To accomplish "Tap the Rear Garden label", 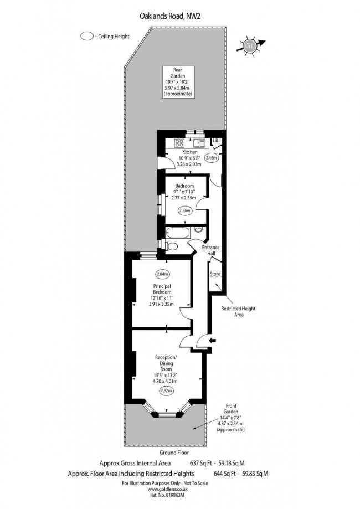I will point(178,82).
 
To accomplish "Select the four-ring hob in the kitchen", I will point(179,143).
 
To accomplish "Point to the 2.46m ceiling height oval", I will point(211,158).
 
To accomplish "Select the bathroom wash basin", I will point(198,229).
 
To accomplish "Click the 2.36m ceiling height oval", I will point(184,210).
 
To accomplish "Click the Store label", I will point(215,274).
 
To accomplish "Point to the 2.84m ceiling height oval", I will point(163,274).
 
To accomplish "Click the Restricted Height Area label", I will point(239,312).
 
